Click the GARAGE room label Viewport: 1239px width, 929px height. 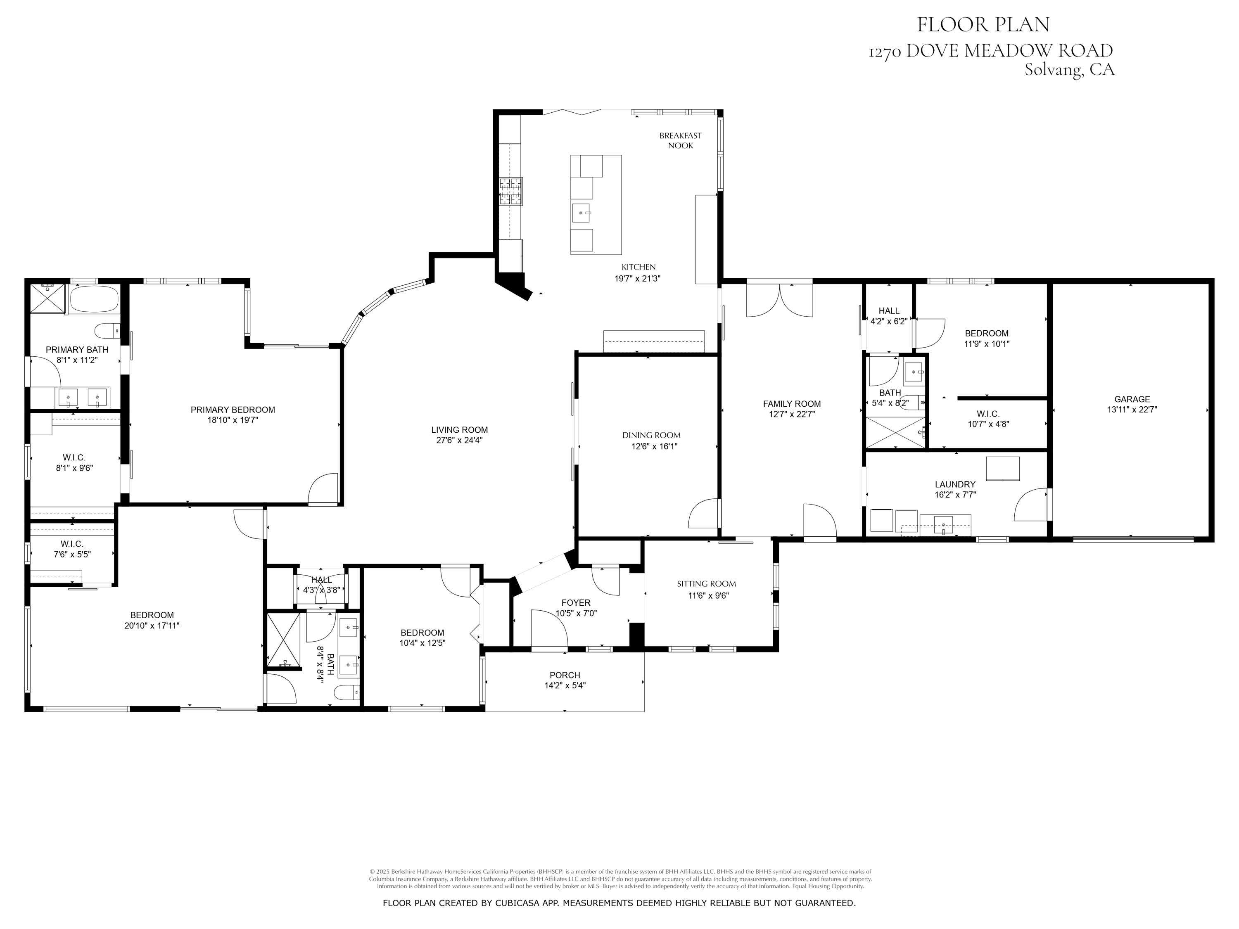(1132, 399)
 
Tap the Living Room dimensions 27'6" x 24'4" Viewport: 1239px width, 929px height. (459, 441)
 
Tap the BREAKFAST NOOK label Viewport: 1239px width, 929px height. (680, 140)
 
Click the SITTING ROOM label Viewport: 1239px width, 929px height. (706, 583)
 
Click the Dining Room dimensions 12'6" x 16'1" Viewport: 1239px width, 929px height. (654, 446)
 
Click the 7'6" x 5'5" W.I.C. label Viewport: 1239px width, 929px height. (72, 555)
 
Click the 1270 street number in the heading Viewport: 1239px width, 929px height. (885, 52)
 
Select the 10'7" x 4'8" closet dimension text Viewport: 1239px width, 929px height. (988, 424)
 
